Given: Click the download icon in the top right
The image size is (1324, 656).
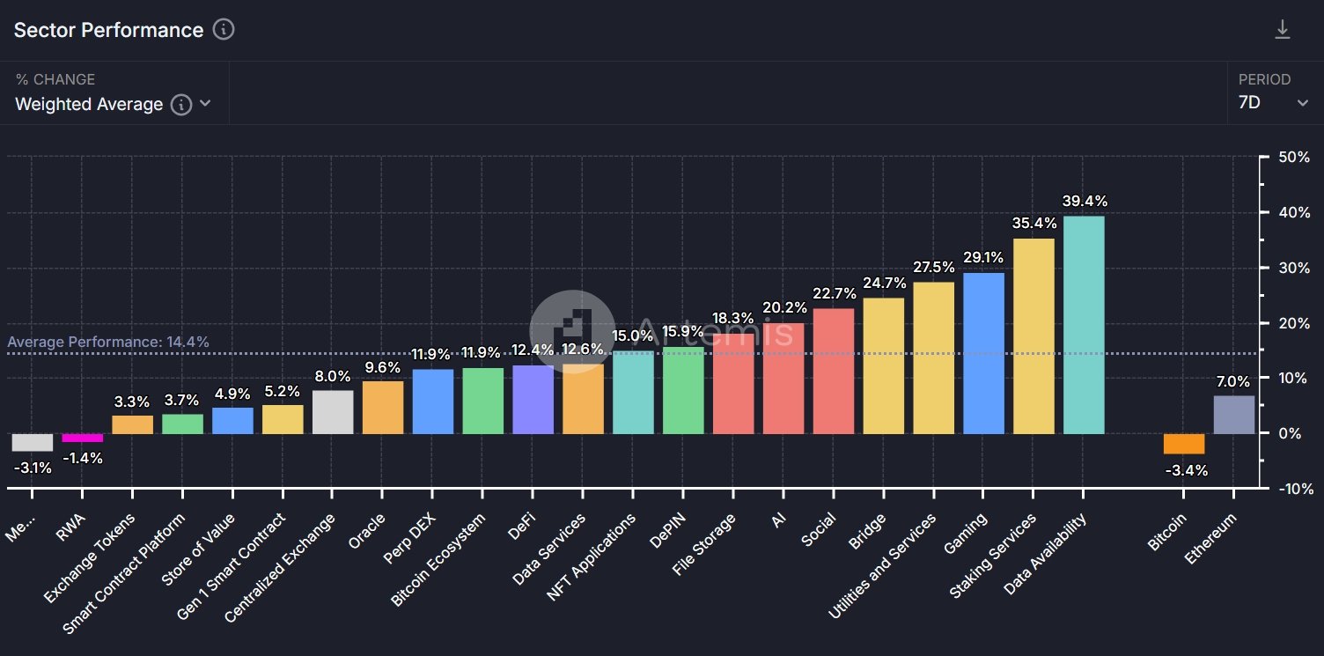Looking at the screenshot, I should point(1283,29).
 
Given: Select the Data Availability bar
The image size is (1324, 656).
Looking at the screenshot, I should point(1084,325).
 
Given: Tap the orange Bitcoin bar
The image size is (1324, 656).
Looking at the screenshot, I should point(1184,444).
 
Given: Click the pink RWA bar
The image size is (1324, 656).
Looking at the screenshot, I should point(83,438).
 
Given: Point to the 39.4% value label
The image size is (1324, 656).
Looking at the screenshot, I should point(1085,202).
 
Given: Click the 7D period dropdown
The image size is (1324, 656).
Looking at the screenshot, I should point(1273,102).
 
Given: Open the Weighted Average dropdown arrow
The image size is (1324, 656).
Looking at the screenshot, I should point(205,104).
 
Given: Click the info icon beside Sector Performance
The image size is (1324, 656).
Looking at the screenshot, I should point(224,30).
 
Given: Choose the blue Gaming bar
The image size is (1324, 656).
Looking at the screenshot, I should point(983,353).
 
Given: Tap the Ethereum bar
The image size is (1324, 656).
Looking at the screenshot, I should point(1233,415).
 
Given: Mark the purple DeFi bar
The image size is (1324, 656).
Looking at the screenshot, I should point(533,400).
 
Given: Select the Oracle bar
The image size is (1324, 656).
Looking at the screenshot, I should point(383,407).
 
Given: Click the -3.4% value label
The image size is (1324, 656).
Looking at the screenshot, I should point(1186,471).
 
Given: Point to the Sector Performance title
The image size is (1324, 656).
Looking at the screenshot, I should point(108,30).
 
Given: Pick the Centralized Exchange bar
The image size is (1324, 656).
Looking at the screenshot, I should point(333,412).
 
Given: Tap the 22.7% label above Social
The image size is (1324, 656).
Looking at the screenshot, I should point(834,293).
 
